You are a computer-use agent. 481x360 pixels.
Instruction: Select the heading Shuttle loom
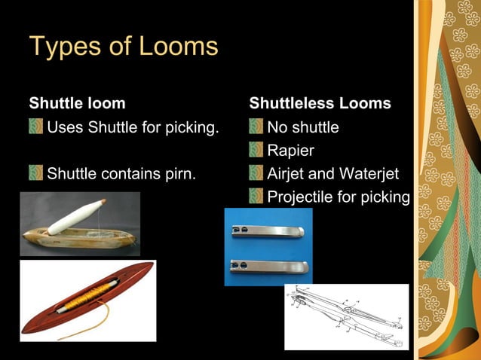77,103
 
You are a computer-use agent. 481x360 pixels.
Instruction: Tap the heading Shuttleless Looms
320,103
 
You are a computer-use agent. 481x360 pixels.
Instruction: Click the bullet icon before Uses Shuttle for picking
35,127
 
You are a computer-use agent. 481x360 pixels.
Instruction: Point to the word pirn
180,175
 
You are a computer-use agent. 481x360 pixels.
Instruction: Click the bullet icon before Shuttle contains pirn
35,175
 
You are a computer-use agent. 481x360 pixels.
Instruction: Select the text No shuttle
303,127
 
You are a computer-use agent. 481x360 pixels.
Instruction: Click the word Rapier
290,151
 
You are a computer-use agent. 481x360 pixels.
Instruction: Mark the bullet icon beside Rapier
256,151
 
